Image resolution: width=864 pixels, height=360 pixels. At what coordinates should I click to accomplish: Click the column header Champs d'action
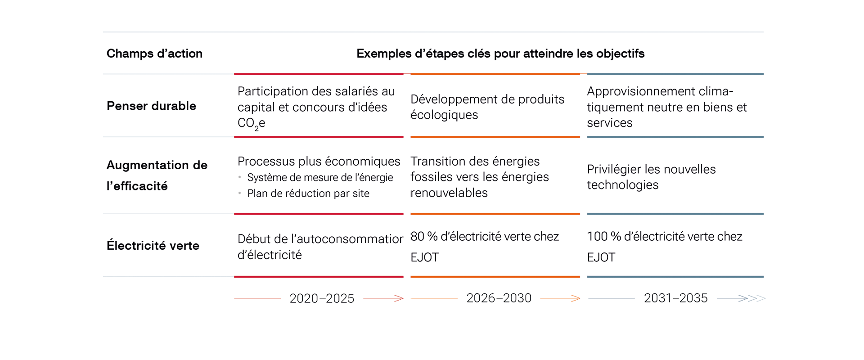click(154, 54)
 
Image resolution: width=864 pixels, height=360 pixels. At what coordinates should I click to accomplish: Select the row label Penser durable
click(151, 106)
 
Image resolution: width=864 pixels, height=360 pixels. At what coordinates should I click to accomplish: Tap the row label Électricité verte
click(153, 246)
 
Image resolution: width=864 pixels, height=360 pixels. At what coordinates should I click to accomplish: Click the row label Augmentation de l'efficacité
click(157, 175)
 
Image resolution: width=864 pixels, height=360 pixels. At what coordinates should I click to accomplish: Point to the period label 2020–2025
click(322, 298)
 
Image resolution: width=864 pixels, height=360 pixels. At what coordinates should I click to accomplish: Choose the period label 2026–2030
click(499, 298)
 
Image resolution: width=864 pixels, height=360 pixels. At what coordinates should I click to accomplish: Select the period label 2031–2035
click(675, 298)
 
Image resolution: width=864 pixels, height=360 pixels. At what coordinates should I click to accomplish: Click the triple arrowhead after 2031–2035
click(752, 298)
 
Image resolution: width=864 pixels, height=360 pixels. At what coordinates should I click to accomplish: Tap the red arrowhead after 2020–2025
click(399, 298)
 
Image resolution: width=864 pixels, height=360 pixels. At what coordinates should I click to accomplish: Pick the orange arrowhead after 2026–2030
click(576, 298)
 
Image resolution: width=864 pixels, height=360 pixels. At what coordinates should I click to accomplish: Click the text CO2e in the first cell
click(251, 123)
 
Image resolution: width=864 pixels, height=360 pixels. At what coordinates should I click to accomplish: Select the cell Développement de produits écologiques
click(487, 107)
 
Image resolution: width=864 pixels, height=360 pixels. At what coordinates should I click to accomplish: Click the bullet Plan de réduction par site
click(308, 193)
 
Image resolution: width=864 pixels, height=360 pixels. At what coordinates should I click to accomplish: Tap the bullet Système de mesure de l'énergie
click(320, 178)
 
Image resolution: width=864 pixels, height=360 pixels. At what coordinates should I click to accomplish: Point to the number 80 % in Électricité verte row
click(424, 237)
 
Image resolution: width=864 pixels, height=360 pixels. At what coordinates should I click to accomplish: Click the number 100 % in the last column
click(604, 237)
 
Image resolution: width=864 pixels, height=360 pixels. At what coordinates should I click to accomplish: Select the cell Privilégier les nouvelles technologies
click(651, 177)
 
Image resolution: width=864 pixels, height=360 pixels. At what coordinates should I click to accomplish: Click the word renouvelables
click(449, 193)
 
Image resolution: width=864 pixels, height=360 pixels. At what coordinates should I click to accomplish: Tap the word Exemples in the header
click(383, 54)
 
